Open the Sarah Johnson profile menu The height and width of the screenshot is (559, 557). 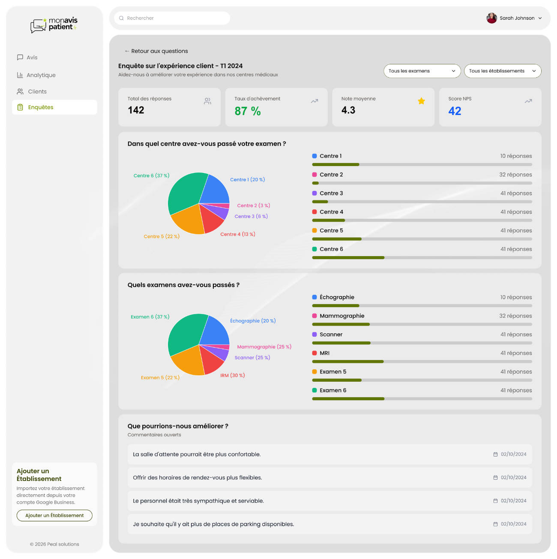click(x=514, y=18)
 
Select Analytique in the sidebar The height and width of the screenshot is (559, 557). click(x=41, y=75)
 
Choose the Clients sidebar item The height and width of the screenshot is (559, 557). click(x=37, y=91)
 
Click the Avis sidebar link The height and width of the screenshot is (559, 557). click(x=32, y=57)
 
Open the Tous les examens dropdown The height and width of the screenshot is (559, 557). click(x=422, y=71)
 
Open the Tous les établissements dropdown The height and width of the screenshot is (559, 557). click(x=502, y=71)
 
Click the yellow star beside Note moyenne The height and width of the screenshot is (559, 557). click(x=421, y=101)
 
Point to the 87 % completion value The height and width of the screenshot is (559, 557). click(x=248, y=111)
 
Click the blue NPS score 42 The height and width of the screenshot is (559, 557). click(x=455, y=111)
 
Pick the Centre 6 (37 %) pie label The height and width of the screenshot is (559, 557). click(x=151, y=175)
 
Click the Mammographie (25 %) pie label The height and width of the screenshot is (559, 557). click(x=264, y=347)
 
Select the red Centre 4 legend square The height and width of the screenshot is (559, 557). click(x=314, y=212)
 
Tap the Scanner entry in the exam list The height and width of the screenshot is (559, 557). click(x=331, y=335)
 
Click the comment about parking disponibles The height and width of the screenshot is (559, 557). click(x=213, y=524)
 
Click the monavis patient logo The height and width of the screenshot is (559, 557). click(x=54, y=25)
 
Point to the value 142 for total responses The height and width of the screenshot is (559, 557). click(x=136, y=110)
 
